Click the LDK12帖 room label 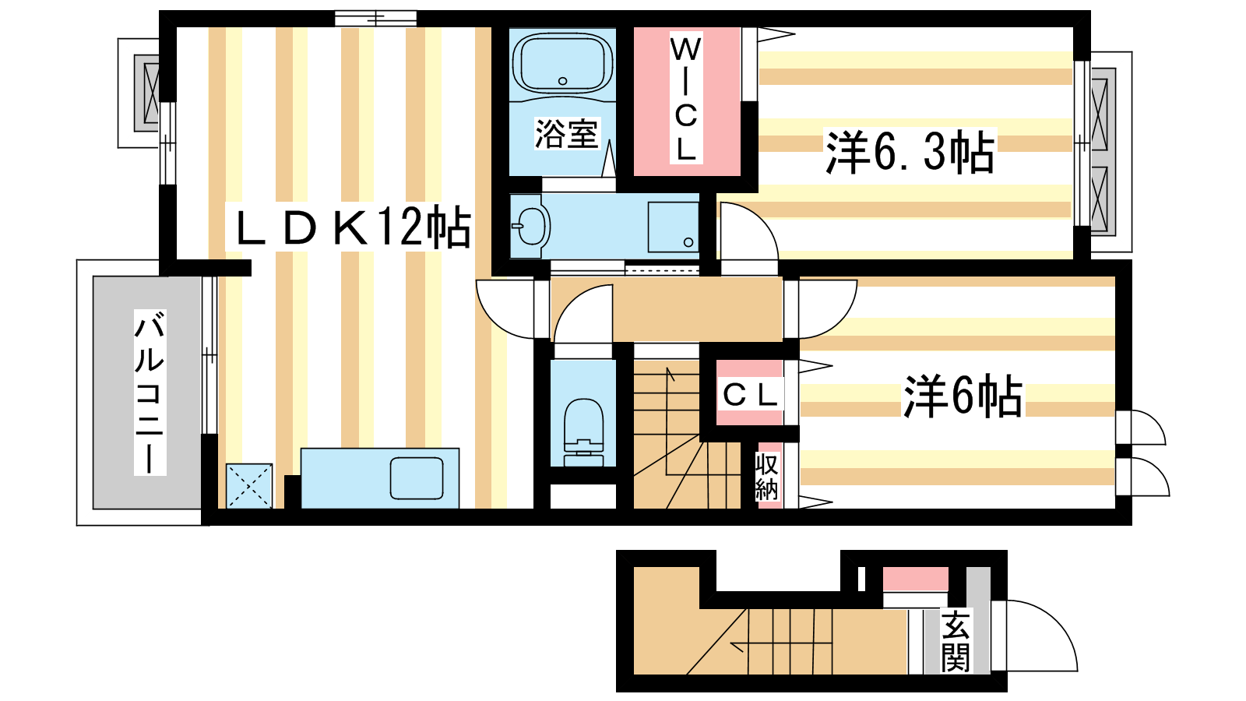tap(354, 228)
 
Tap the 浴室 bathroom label tap(566, 133)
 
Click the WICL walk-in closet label tap(685, 98)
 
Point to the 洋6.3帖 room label tap(910, 151)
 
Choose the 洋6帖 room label tap(963, 396)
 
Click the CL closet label tap(750, 395)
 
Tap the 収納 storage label tap(766, 476)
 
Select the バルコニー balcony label tap(150, 393)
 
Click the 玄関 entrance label tap(956, 641)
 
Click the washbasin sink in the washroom tap(531, 226)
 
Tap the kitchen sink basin tap(417, 478)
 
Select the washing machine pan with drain tap(673, 227)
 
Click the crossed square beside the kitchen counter tap(249, 486)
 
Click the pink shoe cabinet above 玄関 tap(916, 579)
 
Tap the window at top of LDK tap(375, 19)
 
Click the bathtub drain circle tap(562, 81)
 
